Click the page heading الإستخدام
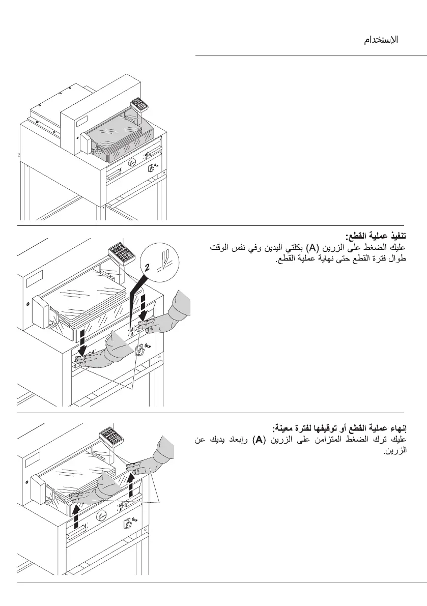pyautogui.click(x=381, y=40)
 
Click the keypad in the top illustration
pyautogui.click(x=138, y=105)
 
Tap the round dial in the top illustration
pyautogui.click(x=132, y=162)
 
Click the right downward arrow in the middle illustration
pyautogui.click(x=145, y=302)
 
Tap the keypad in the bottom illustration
pyautogui.click(x=110, y=436)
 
